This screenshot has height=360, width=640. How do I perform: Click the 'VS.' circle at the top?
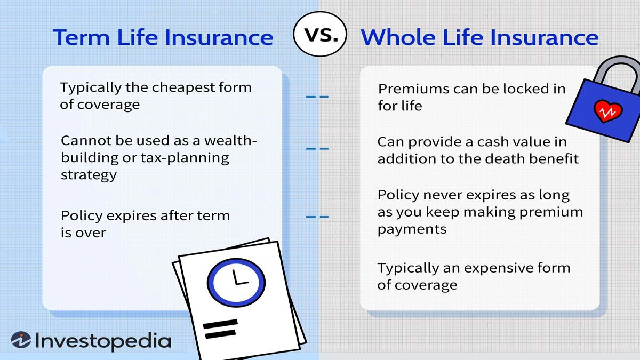pyautogui.click(x=320, y=36)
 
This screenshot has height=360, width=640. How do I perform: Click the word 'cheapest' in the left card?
pyautogui.click(x=178, y=87)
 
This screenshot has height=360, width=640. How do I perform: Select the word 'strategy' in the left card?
pyautogui.click(x=88, y=175)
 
